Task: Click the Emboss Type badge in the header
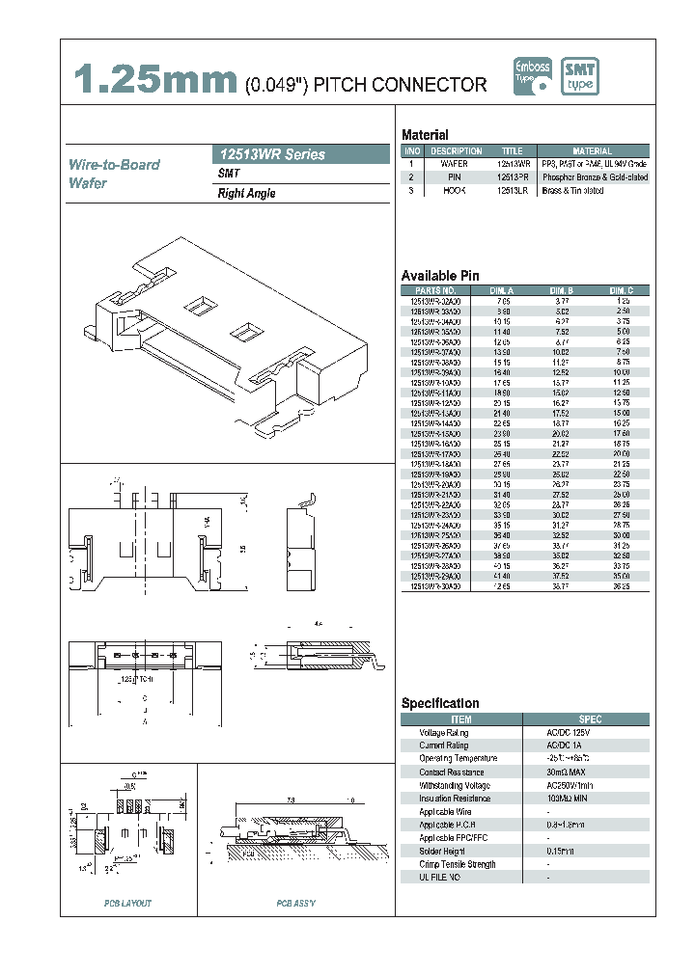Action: coord(532,76)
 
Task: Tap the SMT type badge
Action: coord(581,76)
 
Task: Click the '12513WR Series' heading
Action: coord(269,154)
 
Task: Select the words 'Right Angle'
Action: coord(246,194)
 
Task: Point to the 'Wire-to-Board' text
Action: coord(114,165)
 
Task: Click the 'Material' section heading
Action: coord(425,135)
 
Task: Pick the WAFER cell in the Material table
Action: coord(455,164)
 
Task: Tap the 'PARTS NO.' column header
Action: coord(435,290)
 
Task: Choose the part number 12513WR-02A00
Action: coord(435,301)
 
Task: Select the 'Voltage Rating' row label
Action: coord(444,732)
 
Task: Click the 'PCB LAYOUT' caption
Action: coord(127,904)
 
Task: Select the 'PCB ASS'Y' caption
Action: coord(296,904)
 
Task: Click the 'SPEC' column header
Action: coord(590,718)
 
